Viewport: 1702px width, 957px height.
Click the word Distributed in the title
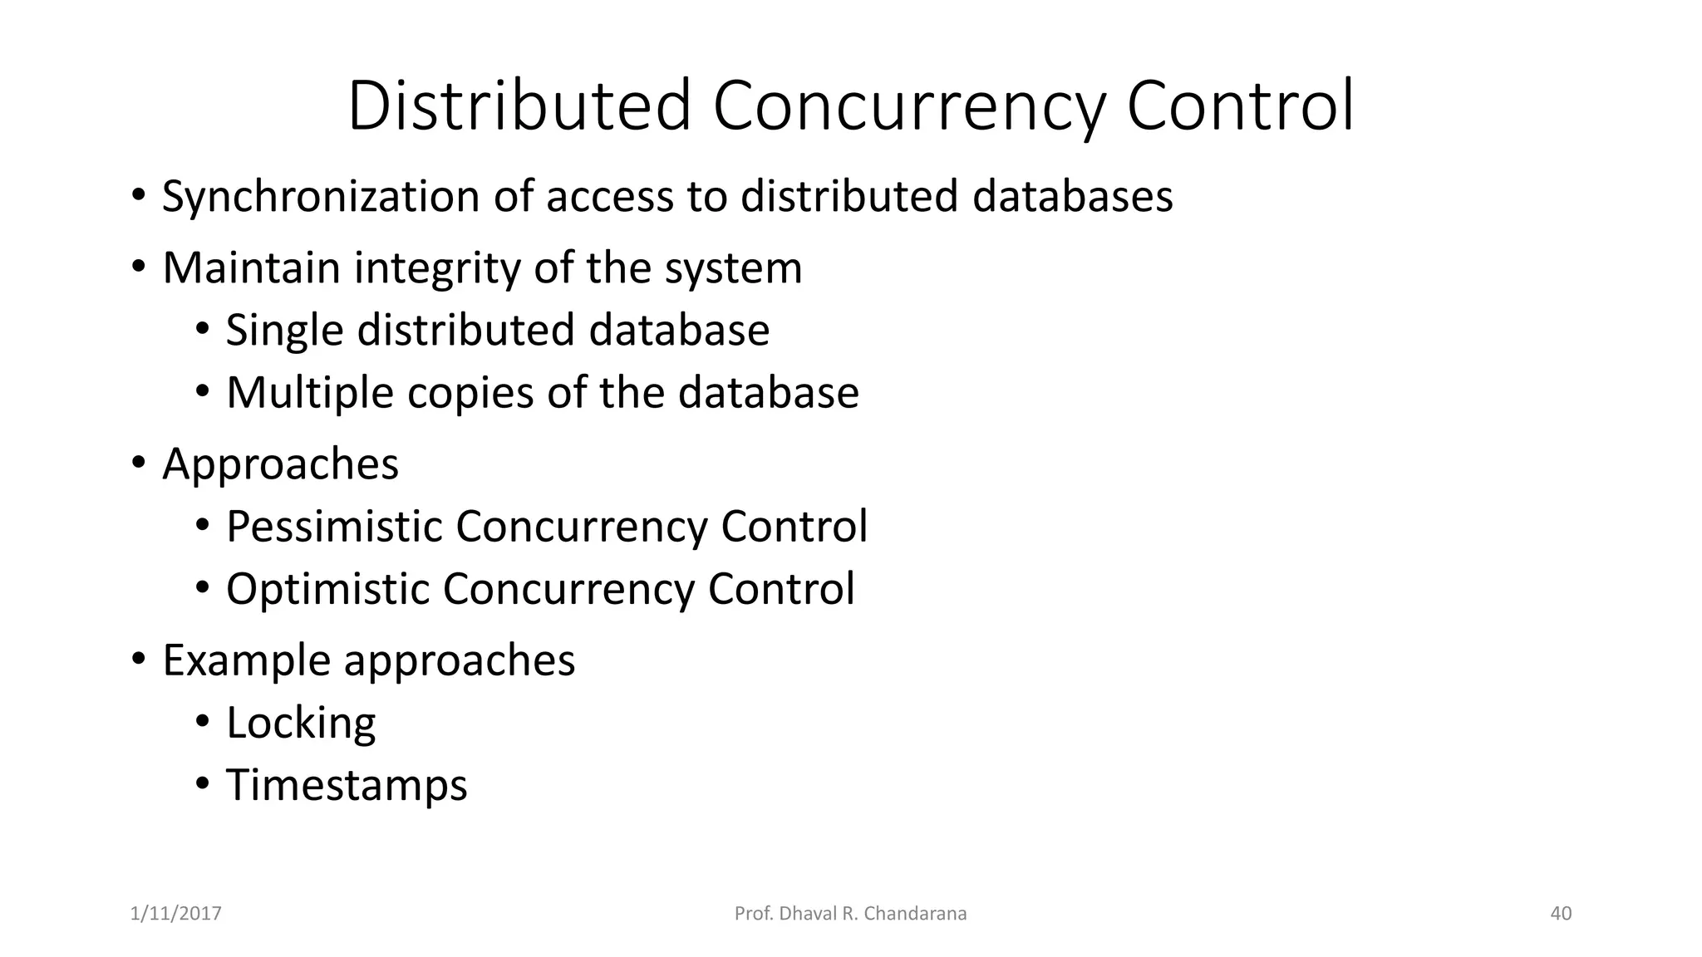click(x=519, y=106)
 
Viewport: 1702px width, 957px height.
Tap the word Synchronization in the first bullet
click(x=321, y=197)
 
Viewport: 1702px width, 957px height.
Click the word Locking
click(x=301, y=723)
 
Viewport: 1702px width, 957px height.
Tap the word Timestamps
click(x=347, y=785)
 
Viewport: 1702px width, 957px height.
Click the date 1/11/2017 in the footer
click(x=176, y=914)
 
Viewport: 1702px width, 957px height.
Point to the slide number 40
click(x=1561, y=914)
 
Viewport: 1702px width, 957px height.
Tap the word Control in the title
click(x=1240, y=106)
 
